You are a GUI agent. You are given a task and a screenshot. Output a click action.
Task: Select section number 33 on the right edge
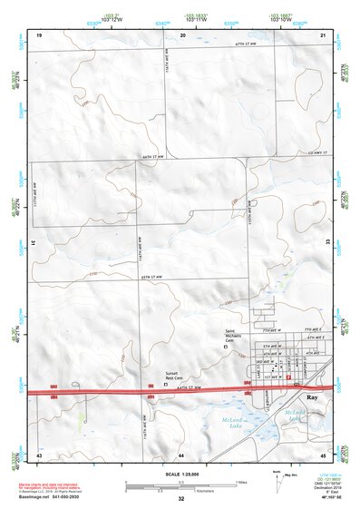coord(329,243)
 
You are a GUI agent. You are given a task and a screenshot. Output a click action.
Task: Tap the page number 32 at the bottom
coord(181,499)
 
